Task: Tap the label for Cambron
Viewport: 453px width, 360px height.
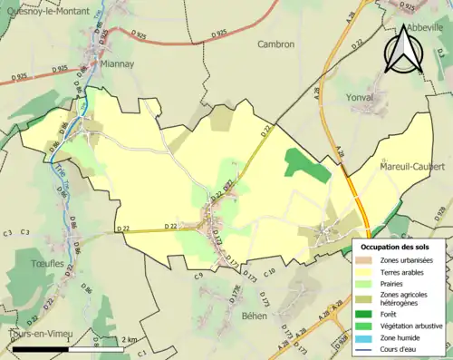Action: point(275,44)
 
